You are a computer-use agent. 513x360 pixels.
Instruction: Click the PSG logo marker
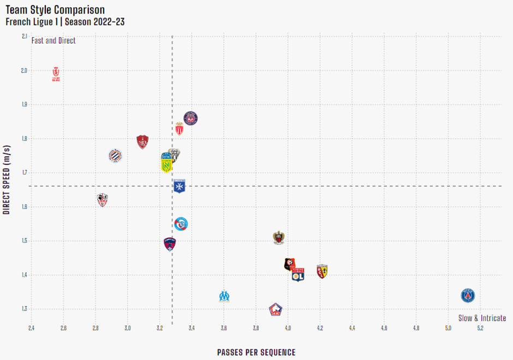coord(467,296)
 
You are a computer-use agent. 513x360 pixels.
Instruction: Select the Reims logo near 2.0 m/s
coord(56,74)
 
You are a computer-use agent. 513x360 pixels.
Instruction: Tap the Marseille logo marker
coord(224,296)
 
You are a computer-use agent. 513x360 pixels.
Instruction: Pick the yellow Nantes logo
coord(166,164)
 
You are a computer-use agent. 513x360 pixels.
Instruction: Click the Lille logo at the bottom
coord(276,310)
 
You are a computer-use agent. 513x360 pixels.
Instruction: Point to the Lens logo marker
coord(322,271)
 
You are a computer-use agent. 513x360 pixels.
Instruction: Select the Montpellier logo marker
coord(115,156)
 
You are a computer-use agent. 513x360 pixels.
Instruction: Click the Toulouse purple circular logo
coord(190,118)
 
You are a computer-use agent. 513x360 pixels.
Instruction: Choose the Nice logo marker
coord(279,238)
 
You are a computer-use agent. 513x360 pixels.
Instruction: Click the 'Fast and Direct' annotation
coord(53,41)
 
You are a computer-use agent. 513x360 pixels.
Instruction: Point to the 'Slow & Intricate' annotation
coord(482,318)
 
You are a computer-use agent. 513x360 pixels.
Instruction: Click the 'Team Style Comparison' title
coord(55,10)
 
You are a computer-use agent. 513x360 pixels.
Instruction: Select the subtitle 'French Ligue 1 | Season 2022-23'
coord(65,22)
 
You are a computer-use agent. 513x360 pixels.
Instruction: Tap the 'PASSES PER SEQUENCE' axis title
coord(256,352)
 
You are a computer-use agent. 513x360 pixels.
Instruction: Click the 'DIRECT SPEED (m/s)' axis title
coord(7,179)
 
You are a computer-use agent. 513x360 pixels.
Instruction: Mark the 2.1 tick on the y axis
coord(24,37)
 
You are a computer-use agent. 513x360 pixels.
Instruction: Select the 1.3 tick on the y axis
coord(24,309)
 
